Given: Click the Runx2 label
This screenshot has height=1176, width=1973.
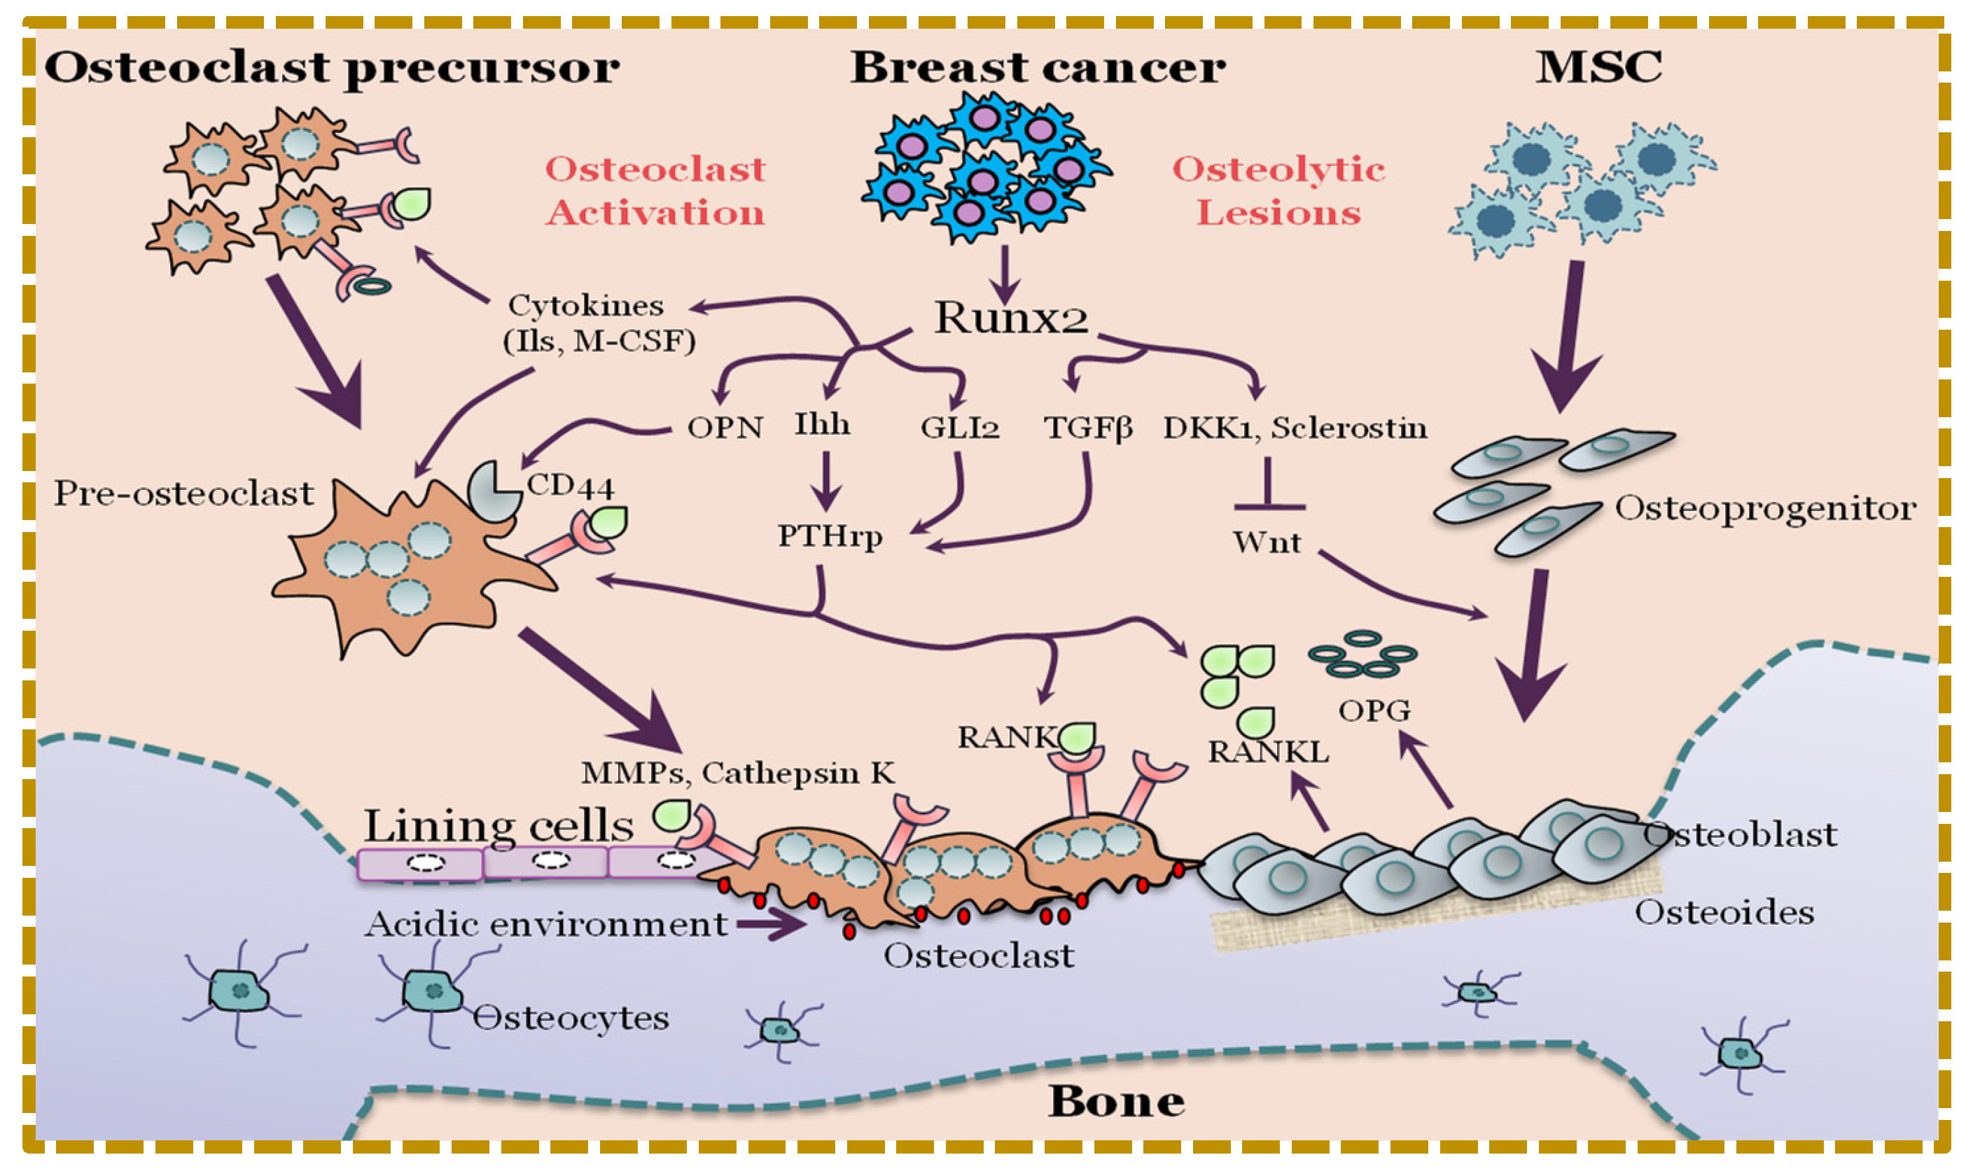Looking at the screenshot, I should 1010,318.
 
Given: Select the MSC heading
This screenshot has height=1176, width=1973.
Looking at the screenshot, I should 1598,66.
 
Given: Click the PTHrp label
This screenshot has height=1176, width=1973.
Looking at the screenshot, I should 829,536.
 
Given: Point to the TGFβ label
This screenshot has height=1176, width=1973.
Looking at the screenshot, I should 1087,428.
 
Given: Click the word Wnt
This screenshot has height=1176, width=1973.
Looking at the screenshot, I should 1265,542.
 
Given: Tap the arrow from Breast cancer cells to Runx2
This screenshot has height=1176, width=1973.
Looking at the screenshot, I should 1004,274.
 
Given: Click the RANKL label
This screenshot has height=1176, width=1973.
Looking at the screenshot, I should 1267,752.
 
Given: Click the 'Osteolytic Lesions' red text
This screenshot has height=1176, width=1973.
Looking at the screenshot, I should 1277,191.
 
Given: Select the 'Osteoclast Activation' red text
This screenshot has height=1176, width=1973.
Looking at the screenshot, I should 655,191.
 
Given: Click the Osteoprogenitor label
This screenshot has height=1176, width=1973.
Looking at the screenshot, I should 1764,508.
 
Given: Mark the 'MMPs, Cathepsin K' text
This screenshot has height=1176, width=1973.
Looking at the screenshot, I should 738,773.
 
